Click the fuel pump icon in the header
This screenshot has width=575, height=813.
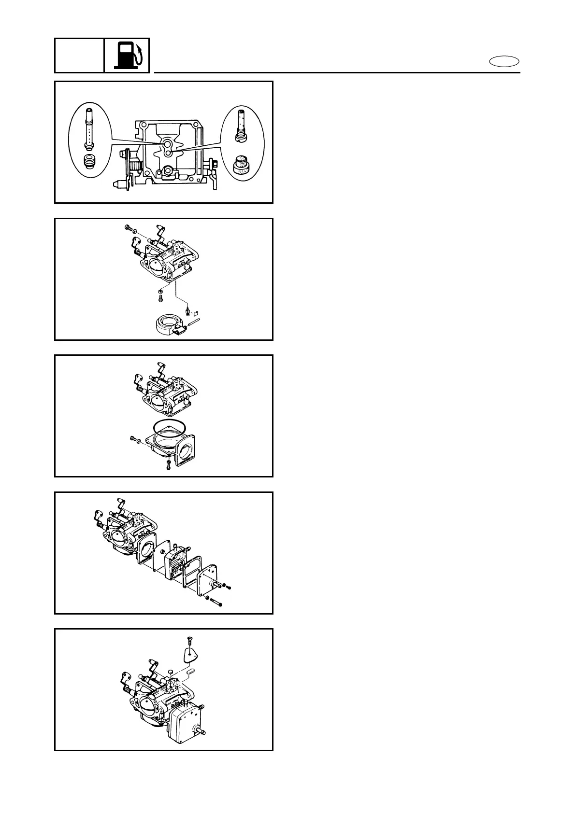pyautogui.click(x=127, y=55)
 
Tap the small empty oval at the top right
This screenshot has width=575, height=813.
pyautogui.click(x=504, y=61)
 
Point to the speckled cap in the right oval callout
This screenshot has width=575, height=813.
pyautogui.click(x=239, y=166)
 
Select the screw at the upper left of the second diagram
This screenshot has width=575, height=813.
pyautogui.click(x=128, y=227)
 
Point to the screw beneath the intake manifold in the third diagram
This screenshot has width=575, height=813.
pyautogui.click(x=168, y=466)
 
